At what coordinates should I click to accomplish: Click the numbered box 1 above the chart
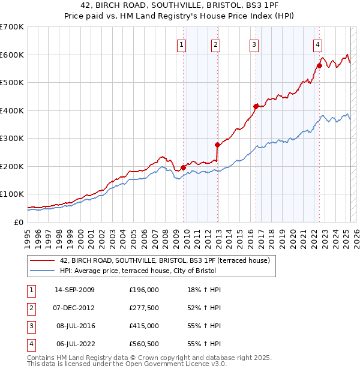click(x=181, y=44)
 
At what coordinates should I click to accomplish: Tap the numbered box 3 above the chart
click(x=254, y=44)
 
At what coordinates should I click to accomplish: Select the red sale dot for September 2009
click(x=183, y=167)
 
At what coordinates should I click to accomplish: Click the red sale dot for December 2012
click(x=217, y=145)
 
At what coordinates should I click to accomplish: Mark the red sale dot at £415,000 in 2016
click(x=256, y=106)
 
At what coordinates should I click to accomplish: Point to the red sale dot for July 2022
click(x=319, y=65)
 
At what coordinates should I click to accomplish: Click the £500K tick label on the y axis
click(x=12, y=82)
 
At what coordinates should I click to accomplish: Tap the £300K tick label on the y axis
click(x=12, y=138)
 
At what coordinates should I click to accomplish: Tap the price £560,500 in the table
click(x=143, y=344)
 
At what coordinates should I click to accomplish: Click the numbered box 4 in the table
click(x=31, y=344)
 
